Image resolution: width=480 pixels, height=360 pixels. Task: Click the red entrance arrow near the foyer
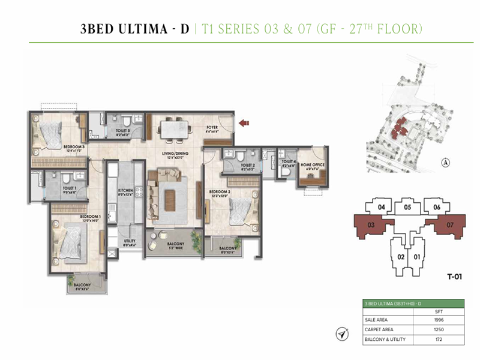(x=244, y=124)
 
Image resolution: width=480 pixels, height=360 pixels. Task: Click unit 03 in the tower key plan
(x=371, y=225)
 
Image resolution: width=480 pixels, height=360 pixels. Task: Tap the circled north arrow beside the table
(x=343, y=334)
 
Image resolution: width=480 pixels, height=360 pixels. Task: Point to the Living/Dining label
(x=176, y=154)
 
